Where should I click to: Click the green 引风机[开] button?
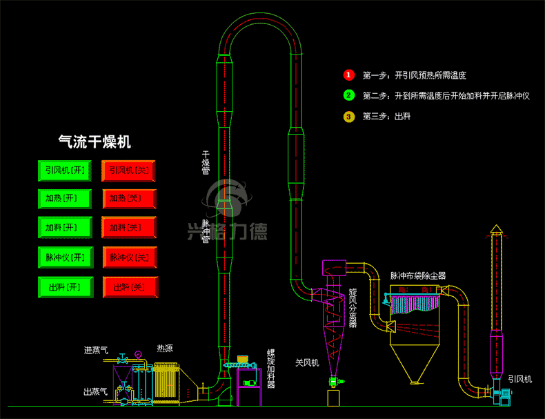tap(65, 170)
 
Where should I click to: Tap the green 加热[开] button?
tap(65, 199)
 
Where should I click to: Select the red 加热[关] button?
tap(129, 199)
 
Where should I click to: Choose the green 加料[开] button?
tap(65, 227)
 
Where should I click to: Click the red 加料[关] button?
tap(129, 227)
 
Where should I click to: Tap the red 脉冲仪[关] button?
tap(130, 257)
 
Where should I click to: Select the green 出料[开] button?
tap(66, 287)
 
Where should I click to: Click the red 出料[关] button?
tap(130, 287)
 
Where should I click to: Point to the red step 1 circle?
tap(349, 75)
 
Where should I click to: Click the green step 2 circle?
tap(349, 95)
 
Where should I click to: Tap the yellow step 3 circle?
tap(349, 117)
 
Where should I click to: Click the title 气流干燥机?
tap(95, 142)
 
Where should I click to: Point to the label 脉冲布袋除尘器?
tap(418, 276)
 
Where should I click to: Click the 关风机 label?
tap(307, 363)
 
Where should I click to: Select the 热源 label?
tap(164, 348)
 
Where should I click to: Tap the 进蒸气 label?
tap(96, 350)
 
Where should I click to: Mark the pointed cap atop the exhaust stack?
tap(496, 228)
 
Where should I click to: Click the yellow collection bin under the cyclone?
tap(333, 398)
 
